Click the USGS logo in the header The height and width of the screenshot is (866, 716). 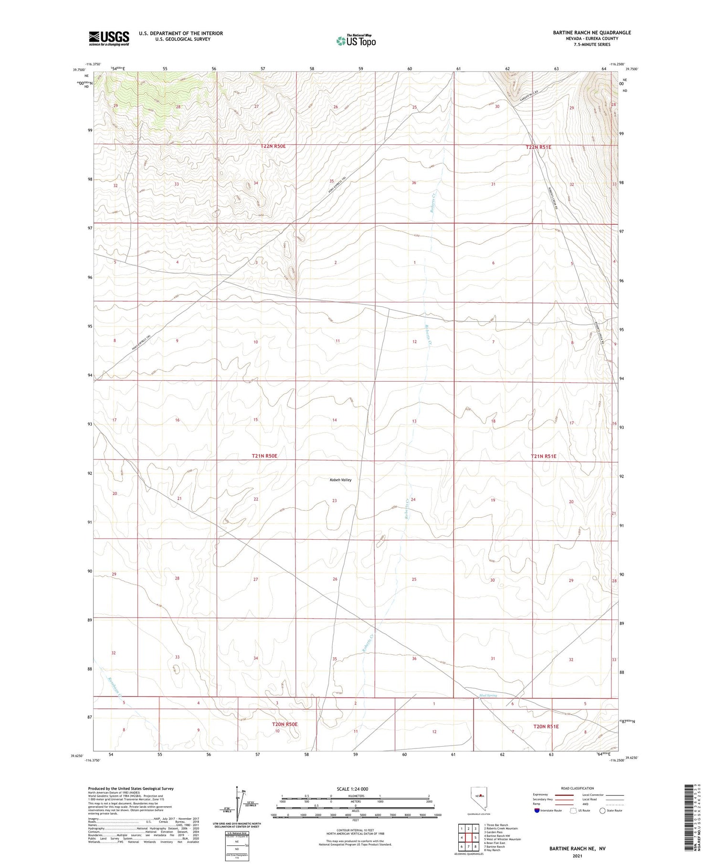109,38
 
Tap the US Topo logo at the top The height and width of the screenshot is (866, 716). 356,41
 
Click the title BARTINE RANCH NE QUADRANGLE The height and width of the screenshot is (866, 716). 591,32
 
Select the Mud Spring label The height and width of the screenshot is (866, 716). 488,695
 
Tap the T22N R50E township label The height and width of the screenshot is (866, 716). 273,146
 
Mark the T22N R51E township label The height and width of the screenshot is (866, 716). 538,147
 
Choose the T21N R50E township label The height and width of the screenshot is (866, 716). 264,456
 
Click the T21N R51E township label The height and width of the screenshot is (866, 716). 543,456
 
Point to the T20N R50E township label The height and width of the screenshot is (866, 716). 284,724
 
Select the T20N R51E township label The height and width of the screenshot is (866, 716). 546,727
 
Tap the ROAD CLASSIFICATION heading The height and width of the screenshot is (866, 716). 578,788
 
